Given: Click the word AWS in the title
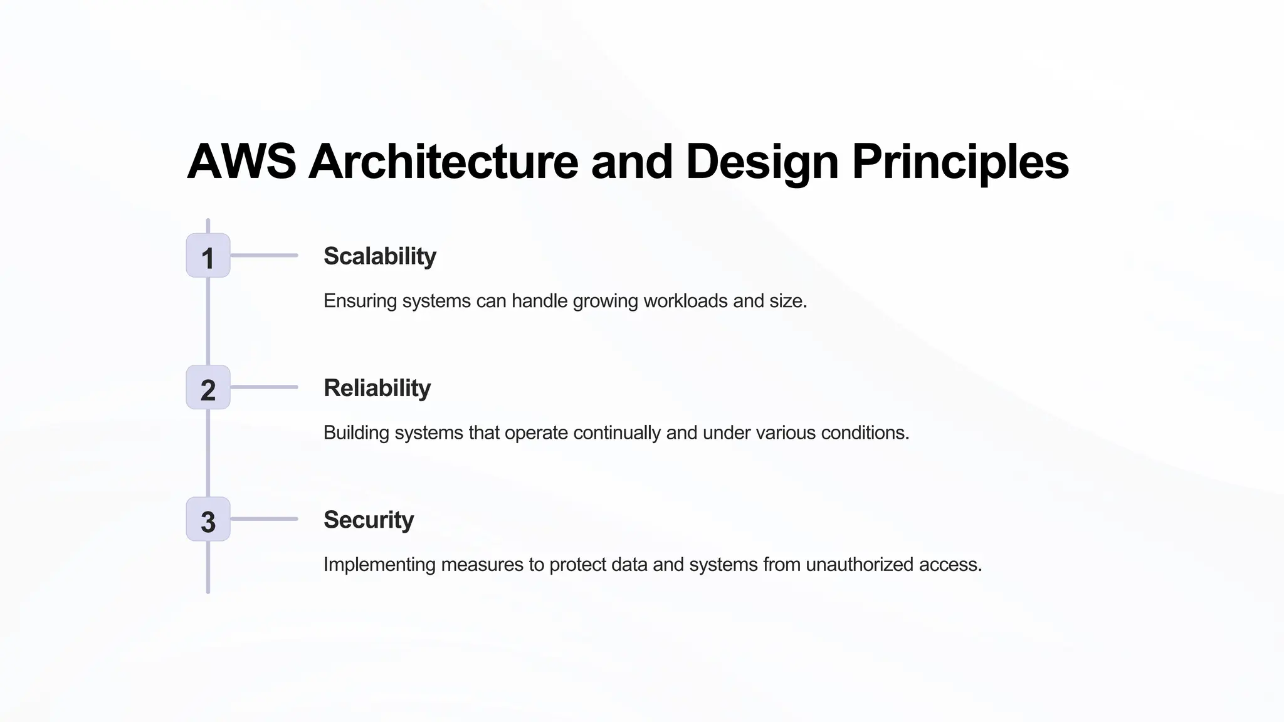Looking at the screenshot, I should [x=241, y=162].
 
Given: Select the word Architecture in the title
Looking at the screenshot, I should [x=443, y=162].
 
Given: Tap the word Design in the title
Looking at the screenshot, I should [x=762, y=162].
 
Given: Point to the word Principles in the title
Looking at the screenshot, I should [x=960, y=162].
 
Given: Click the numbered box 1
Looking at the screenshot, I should [x=208, y=256].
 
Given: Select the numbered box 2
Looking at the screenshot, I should [x=208, y=387].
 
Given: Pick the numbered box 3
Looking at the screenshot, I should [x=208, y=519].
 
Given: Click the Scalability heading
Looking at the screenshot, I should [x=379, y=256].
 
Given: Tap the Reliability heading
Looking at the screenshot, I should [x=377, y=388].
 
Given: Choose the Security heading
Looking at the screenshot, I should [x=369, y=520].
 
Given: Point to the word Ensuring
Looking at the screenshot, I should [x=360, y=301].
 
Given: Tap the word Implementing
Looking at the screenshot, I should [x=379, y=564].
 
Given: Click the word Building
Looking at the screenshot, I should [x=356, y=432].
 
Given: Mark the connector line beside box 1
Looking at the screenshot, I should [x=264, y=256].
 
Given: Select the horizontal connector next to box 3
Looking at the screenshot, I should [x=264, y=519].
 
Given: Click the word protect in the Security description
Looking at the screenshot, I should [x=577, y=564].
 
